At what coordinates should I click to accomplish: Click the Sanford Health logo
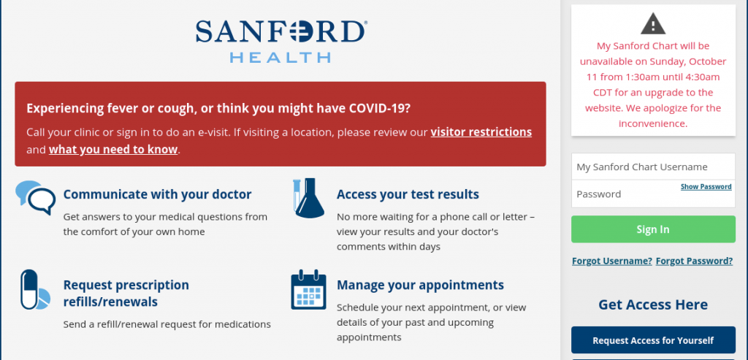tap(280, 40)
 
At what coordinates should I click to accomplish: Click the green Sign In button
tap(652, 229)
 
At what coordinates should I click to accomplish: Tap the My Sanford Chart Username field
tap(652, 167)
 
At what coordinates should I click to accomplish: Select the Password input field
tap(625, 194)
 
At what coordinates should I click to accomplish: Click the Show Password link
tap(706, 187)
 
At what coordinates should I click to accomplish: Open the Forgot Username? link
tap(611, 261)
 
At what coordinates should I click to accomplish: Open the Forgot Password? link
tap(694, 261)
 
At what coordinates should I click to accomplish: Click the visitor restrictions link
tap(481, 132)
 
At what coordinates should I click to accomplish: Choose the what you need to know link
tap(113, 150)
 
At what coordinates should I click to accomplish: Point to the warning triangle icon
tap(652, 24)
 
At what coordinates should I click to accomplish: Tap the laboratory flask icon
tap(308, 198)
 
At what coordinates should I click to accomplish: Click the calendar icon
tap(308, 290)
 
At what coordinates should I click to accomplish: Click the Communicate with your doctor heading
tap(157, 195)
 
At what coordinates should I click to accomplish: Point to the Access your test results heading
tap(408, 195)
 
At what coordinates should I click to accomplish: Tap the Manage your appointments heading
tap(420, 285)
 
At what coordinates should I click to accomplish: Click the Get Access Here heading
tap(652, 305)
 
